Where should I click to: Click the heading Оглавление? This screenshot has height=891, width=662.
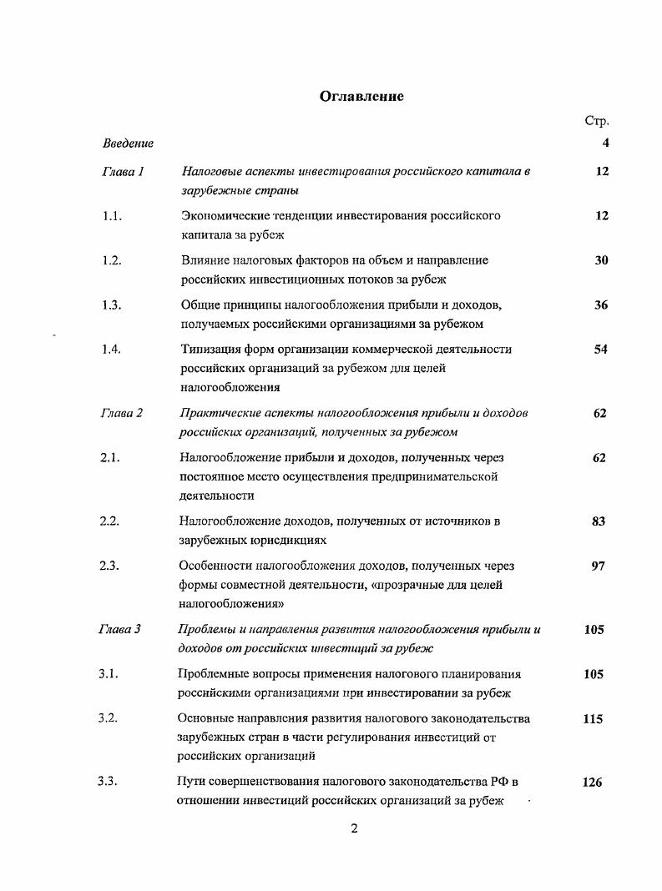coord(361,97)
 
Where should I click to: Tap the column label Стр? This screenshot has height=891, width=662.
coord(597,122)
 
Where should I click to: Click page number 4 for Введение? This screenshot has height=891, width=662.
coord(605,143)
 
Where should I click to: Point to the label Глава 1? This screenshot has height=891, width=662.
coord(124,172)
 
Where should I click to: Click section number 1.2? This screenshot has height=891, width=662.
coord(113,260)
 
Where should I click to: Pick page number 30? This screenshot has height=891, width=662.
coord(601,260)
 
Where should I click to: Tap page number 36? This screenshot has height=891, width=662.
coord(601,305)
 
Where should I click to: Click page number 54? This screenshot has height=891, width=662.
coord(601,350)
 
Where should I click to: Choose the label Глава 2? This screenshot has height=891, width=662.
coord(122,413)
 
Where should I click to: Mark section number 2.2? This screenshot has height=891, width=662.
coord(110,521)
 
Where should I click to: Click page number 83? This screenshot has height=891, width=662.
coord(599,521)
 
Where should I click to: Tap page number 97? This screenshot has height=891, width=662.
coord(599,566)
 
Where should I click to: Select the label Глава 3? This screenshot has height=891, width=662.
coord(119,630)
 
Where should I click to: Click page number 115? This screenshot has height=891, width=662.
coord(593,719)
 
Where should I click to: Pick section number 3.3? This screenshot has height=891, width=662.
coord(108,783)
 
